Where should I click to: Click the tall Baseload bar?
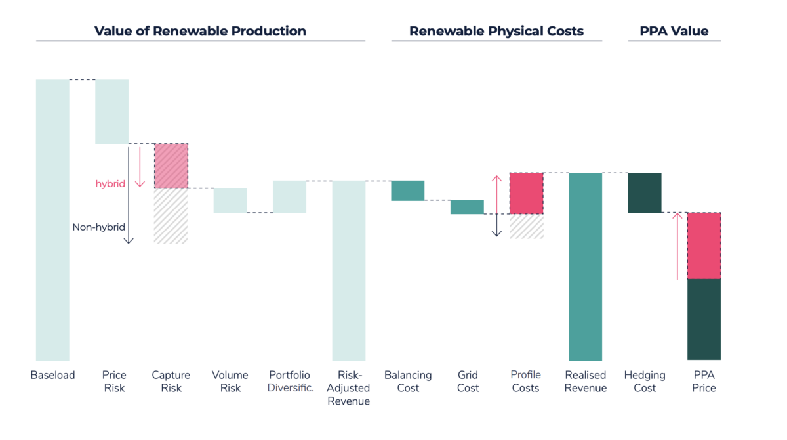click(x=52, y=220)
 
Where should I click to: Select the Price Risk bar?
click(x=112, y=112)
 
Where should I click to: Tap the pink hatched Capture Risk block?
click(x=171, y=166)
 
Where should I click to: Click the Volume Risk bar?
click(x=230, y=200)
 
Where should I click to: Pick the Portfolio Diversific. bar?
click(x=289, y=196)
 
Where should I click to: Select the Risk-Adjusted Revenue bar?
click(x=349, y=270)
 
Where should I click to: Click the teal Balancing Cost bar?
click(x=408, y=190)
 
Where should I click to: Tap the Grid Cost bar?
click(x=467, y=207)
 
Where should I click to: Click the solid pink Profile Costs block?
click(x=527, y=193)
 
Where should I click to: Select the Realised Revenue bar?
click(x=586, y=267)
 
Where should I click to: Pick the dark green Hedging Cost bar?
click(x=645, y=193)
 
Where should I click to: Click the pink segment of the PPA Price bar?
click(x=704, y=246)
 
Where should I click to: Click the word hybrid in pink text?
click(x=110, y=185)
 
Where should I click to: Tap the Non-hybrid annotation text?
click(x=98, y=227)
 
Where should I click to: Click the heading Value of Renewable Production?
click(x=200, y=31)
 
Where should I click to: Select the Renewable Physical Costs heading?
click(x=496, y=31)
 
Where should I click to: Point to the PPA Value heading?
click(x=674, y=31)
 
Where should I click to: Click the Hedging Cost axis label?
click(x=645, y=382)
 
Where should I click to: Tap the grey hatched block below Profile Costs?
click(x=527, y=227)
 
